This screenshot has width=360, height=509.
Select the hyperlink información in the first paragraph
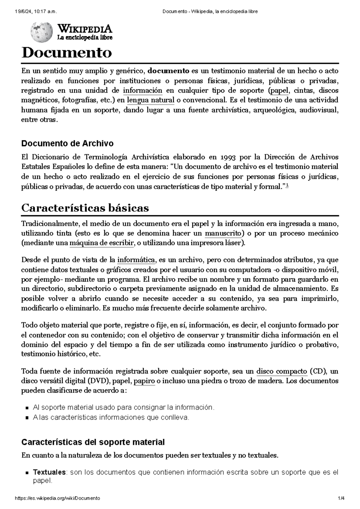[x=142, y=91]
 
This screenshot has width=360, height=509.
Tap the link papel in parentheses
[x=279, y=91]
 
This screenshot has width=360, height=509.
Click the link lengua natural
[x=151, y=100]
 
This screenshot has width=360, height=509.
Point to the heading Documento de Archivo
[x=67, y=144]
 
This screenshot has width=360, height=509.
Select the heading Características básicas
[x=85, y=208]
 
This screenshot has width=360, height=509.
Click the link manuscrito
[x=223, y=234]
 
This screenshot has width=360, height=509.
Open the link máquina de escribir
[x=101, y=243]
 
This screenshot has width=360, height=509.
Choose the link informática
[x=136, y=260]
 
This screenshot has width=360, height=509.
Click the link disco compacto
[x=282, y=372]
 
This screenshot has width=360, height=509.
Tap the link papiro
[x=144, y=381]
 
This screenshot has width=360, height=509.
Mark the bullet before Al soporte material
[x=27, y=408]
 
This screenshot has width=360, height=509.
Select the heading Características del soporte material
[x=93, y=442]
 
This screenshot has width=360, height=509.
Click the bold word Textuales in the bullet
[x=49, y=472]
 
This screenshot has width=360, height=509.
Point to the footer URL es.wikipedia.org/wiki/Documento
[x=57, y=498]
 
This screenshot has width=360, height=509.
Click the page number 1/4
[x=341, y=498]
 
